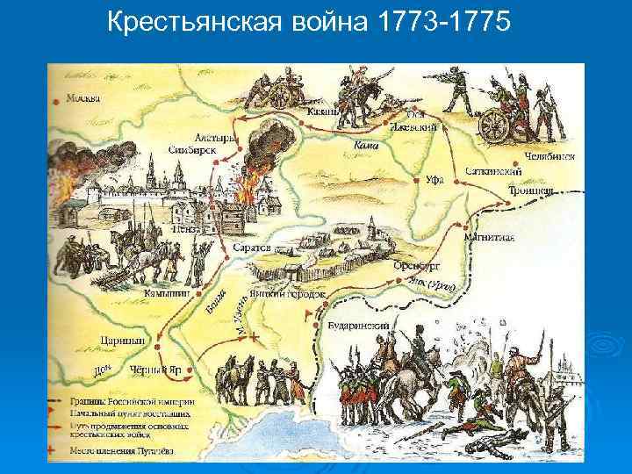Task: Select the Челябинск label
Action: click(x=551, y=156)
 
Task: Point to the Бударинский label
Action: click(x=357, y=326)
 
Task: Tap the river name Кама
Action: click(x=365, y=144)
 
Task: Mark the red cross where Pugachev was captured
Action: click(x=255, y=336)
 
